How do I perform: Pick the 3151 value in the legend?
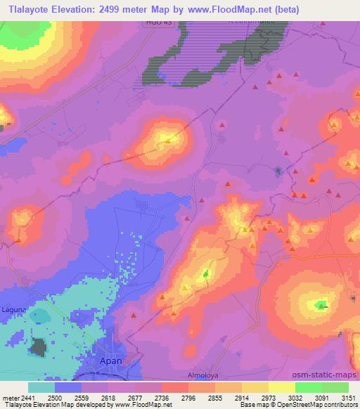[x=348, y=398]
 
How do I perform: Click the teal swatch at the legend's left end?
[x=41, y=387]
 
